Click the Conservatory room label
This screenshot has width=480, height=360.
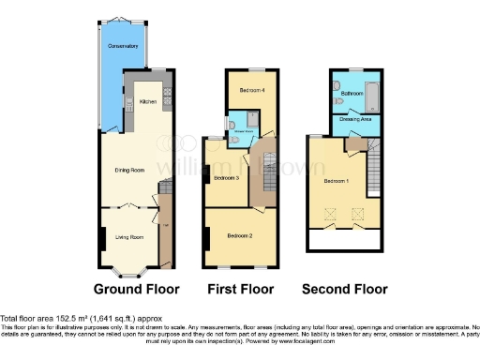coord(123,45)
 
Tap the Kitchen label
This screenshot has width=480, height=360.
coord(148,101)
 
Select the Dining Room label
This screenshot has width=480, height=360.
coord(128,170)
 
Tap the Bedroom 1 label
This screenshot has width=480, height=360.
coord(337,180)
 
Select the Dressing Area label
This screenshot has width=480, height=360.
coord(357,119)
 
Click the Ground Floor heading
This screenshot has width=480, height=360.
coord(136,289)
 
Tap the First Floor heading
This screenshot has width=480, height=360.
coord(242,289)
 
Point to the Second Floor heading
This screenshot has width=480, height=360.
coord(344,289)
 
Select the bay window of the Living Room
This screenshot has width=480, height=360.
coord(129,272)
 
